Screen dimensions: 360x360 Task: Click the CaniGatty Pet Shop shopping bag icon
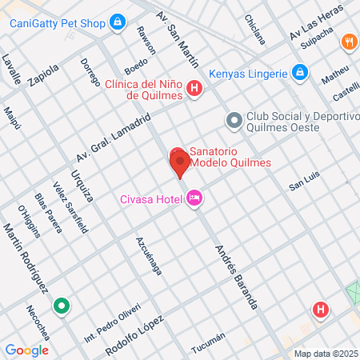[x=118, y=22]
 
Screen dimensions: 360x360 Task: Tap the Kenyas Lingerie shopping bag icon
[x=300, y=74]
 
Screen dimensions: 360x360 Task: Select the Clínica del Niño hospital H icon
[x=194, y=89]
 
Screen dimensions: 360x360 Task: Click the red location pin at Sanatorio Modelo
[x=179, y=162]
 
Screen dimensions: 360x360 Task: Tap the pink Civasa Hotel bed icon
[x=194, y=199]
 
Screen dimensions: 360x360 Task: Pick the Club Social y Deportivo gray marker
[x=234, y=121]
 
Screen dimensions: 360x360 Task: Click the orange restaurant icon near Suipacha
[x=348, y=42]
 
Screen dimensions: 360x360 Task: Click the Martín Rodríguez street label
[x=27, y=258]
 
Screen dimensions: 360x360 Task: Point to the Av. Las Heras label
[x=318, y=24]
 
